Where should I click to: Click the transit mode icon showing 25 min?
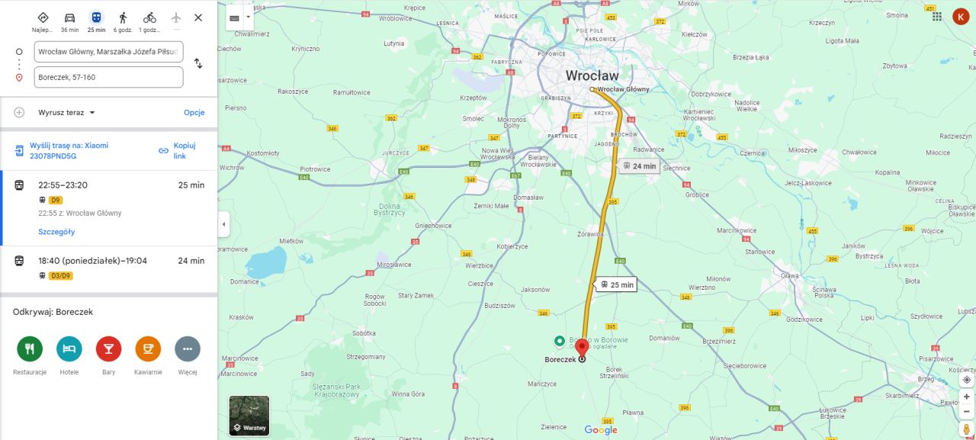(96, 18)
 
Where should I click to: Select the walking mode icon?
(123, 18)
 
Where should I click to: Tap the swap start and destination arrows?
(198, 63)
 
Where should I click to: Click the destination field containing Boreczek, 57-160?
(108, 77)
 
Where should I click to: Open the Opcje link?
(194, 113)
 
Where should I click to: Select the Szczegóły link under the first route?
(56, 232)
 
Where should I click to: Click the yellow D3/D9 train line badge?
(60, 276)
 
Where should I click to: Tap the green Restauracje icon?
(30, 349)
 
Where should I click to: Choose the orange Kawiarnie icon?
(148, 349)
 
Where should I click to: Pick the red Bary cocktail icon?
(108, 349)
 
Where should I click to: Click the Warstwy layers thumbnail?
(249, 416)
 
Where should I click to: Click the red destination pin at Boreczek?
(582, 348)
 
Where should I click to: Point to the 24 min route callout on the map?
(639, 165)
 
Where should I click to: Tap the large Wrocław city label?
(592, 75)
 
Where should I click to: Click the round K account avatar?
(960, 17)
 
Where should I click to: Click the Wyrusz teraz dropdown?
(67, 113)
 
